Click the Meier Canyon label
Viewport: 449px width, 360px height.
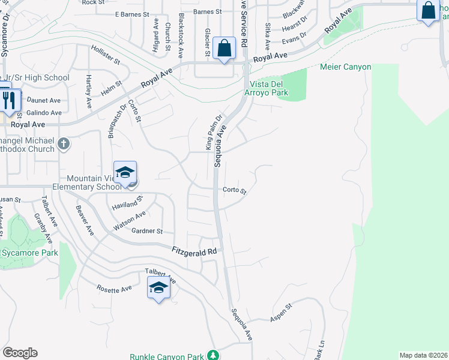tap(345, 67)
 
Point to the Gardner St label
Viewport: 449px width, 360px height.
tap(147, 231)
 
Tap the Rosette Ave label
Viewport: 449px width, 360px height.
tap(114, 289)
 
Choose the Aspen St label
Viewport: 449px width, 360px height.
tap(280, 313)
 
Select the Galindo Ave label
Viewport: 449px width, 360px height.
tap(43, 112)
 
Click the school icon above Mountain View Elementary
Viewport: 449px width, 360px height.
tap(125, 172)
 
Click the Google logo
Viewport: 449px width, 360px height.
tap(20, 353)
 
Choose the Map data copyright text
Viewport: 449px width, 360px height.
tap(423, 355)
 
